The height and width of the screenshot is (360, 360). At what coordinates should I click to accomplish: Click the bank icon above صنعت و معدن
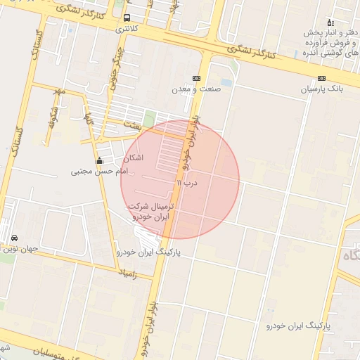pos(196,79)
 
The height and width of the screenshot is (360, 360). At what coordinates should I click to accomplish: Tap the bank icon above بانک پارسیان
pos(321,79)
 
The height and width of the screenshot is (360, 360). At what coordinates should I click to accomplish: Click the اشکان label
pos(132,158)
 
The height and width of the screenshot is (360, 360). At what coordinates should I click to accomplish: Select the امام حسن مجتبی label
pos(99,171)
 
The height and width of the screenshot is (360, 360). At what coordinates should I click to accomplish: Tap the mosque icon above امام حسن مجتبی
pos(99,161)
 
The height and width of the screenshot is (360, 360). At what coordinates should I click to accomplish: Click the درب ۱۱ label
pos(188,182)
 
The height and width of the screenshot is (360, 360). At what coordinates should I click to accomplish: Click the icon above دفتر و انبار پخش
pos(330,23)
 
